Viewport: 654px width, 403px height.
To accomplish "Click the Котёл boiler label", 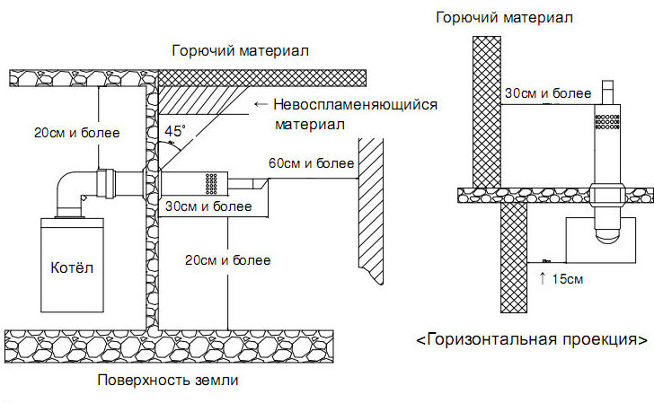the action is [x=72, y=267].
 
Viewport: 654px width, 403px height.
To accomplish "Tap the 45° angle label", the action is [x=175, y=131].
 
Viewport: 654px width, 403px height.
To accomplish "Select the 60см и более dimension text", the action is [x=311, y=163].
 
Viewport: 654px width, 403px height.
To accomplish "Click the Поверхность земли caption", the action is [x=168, y=380].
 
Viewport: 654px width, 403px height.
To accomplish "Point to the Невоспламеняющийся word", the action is [x=356, y=105].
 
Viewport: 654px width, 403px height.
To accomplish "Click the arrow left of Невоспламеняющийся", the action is [x=261, y=104].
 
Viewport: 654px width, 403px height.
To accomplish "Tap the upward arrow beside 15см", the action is [x=543, y=278].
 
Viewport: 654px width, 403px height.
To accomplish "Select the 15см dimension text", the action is [x=567, y=279].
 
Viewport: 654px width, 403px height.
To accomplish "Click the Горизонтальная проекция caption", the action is [x=532, y=339].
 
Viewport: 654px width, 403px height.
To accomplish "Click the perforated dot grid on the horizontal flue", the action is [x=211, y=184].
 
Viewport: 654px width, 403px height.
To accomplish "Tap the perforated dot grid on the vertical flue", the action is [x=607, y=121].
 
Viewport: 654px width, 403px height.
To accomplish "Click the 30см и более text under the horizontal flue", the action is [x=208, y=206].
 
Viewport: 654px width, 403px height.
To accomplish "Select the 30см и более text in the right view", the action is [x=548, y=93].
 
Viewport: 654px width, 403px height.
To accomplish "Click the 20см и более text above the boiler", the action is [x=76, y=133].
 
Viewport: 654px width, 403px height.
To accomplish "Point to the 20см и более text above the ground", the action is [x=228, y=260].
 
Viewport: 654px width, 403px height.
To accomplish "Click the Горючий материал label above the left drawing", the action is [x=240, y=51].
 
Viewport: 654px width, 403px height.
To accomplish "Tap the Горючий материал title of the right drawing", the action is [x=504, y=18].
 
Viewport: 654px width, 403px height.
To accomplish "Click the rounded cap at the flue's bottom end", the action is [x=607, y=235].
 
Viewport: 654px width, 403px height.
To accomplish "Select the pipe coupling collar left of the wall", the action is [x=105, y=182].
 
